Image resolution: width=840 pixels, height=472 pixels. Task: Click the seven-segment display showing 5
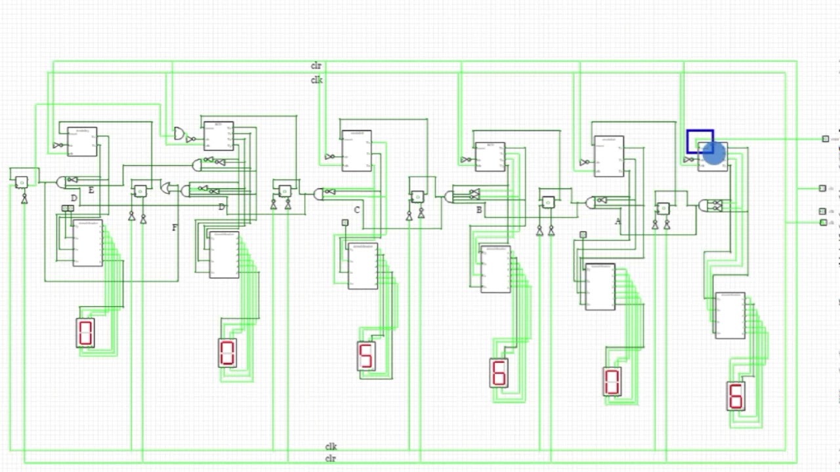[x=366, y=356]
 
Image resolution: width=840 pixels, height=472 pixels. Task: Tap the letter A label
[x=618, y=222]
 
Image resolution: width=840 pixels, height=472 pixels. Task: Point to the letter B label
[x=479, y=210]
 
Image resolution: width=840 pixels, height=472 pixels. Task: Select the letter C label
[x=357, y=210]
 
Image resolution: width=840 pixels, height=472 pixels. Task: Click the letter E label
[x=91, y=191]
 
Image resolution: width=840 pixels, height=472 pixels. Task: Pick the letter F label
[x=175, y=228]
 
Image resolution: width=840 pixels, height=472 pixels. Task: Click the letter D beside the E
[x=74, y=198]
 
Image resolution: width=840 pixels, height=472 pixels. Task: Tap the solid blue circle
[x=713, y=153]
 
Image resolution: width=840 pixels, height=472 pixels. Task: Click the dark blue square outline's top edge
[x=700, y=131]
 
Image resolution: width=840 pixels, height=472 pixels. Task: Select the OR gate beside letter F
[x=169, y=188]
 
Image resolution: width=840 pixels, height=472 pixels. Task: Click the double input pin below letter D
[x=68, y=208]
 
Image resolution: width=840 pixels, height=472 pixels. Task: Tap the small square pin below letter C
[x=345, y=223]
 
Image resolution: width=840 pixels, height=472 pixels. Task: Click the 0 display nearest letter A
[x=612, y=382]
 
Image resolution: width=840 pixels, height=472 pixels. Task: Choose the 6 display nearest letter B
[x=499, y=372]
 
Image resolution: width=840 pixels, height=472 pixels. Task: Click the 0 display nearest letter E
[x=85, y=333]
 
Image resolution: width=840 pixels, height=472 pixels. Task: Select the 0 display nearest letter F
[x=227, y=353]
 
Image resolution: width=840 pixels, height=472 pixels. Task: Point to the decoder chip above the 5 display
[x=362, y=265]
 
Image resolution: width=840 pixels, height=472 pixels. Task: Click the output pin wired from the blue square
[x=825, y=139]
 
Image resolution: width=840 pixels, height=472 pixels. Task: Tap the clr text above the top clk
[x=316, y=66]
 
